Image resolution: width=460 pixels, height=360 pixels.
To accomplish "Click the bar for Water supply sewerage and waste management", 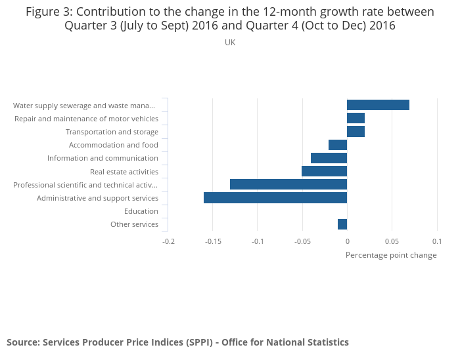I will tap(378, 105).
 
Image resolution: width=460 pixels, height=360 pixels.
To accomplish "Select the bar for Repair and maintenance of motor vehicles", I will tap(356, 118).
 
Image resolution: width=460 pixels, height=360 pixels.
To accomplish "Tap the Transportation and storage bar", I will tap(356, 132).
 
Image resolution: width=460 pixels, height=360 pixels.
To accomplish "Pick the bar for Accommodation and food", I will tap(338, 145).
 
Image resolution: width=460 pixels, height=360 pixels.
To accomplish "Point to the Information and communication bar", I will tap(329, 158).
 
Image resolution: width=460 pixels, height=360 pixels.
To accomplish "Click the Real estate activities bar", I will tap(324, 171).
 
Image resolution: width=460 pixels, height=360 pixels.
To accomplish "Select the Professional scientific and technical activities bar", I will tap(288, 184).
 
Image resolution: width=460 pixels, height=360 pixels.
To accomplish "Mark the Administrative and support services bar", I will tap(275, 198).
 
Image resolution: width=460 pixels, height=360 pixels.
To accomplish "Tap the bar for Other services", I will tap(342, 224).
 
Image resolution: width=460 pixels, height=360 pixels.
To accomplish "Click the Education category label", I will tap(141, 211).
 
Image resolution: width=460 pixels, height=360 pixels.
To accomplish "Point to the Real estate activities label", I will tap(124, 172).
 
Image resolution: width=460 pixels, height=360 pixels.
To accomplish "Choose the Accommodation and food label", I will tap(114, 145).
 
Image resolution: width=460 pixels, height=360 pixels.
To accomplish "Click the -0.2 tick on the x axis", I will tap(169, 241).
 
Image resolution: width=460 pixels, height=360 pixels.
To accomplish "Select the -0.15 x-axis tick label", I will tap(212, 241).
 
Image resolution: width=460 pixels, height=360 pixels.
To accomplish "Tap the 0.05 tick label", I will tap(392, 241).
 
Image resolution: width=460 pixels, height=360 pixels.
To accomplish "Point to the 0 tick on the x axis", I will tap(347, 241).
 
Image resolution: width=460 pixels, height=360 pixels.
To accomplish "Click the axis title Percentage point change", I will tap(391, 255).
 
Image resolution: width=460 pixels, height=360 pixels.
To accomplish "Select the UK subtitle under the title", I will tap(230, 43).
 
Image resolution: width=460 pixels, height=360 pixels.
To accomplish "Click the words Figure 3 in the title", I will tap(47, 12).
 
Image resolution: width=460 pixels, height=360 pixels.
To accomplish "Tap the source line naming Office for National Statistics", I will tap(177, 342).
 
